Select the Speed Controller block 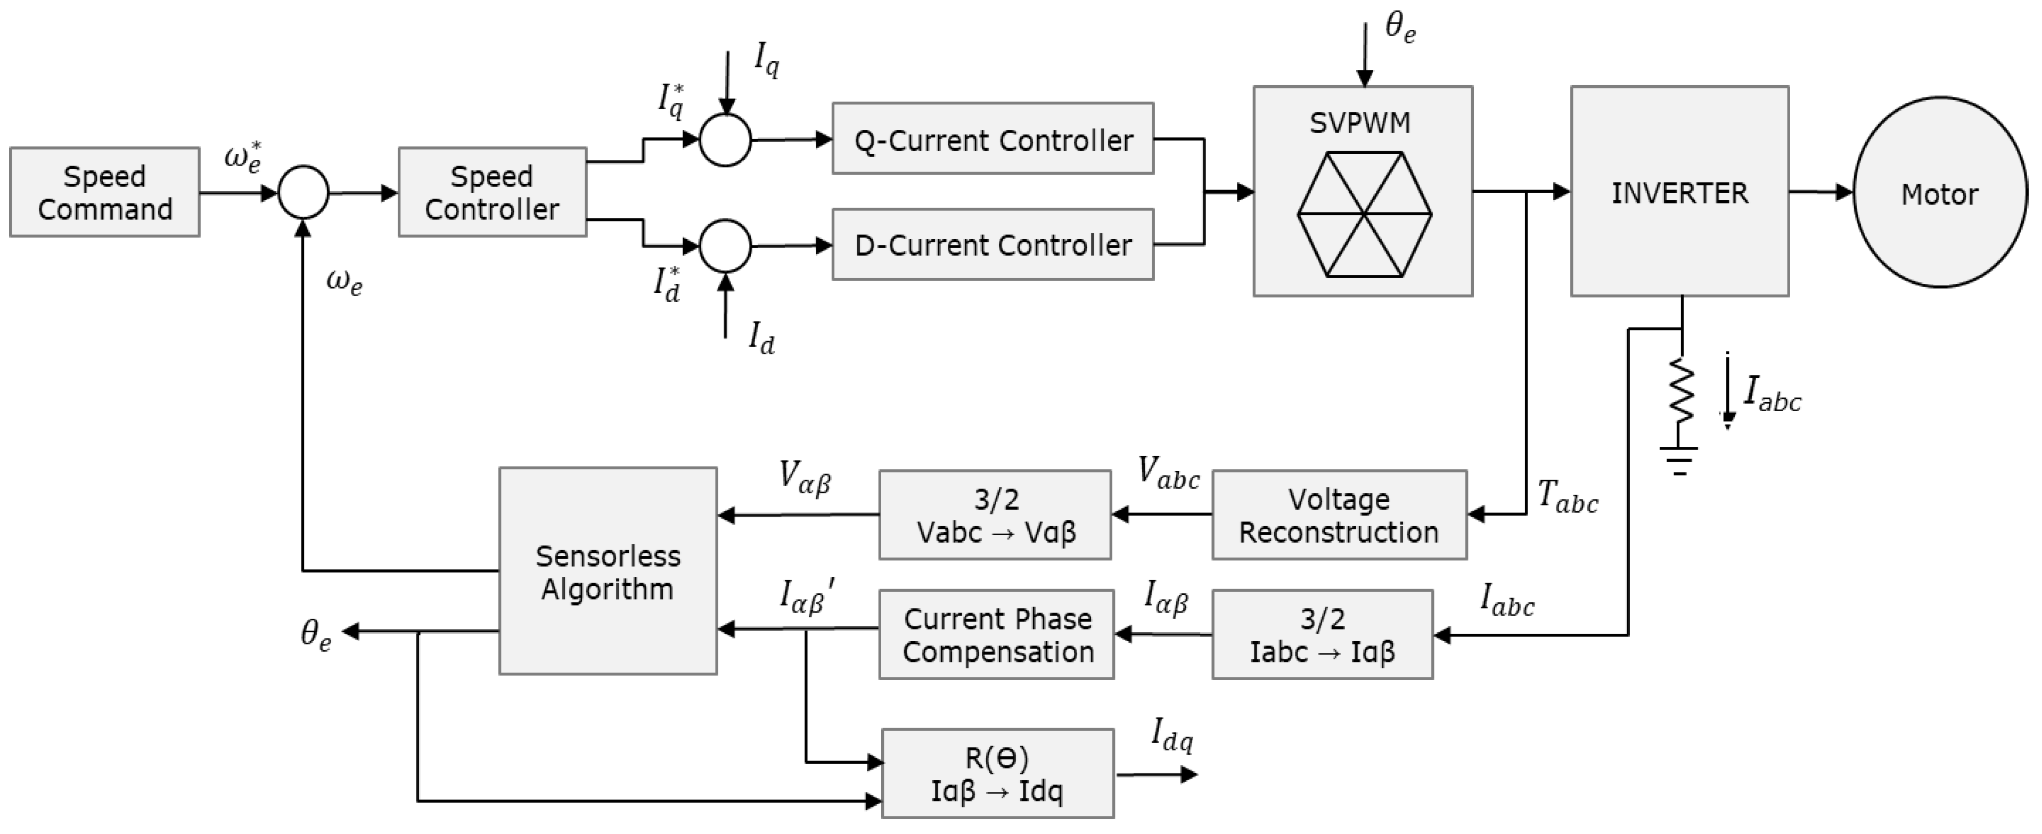491,192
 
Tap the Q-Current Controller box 993,139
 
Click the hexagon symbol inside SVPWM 1364,214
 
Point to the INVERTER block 1679,192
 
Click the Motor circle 1939,193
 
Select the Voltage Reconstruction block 1338,516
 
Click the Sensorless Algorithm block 607,571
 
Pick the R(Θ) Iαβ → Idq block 997,774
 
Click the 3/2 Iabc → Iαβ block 1322,634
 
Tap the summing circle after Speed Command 303,192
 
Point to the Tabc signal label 1567,498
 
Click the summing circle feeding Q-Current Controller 725,140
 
